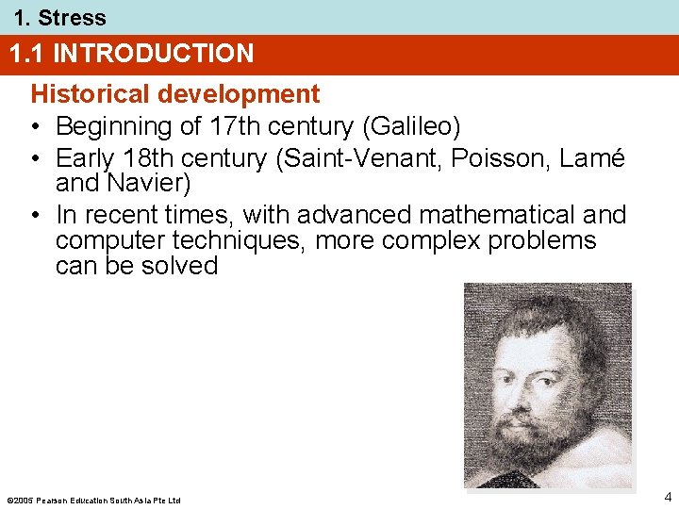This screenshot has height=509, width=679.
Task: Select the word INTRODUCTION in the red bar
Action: [154, 54]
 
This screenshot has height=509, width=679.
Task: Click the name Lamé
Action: [594, 158]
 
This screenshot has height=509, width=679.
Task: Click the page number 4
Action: [667, 496]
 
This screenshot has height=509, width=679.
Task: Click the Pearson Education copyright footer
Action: [93, 499]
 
